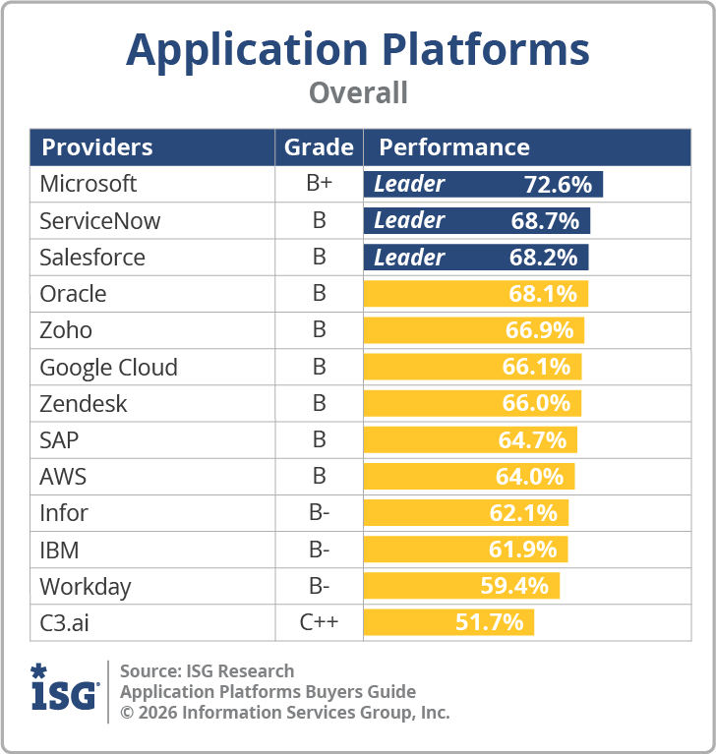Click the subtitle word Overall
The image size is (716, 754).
[358, 93]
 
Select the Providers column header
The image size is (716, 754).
[96, 147]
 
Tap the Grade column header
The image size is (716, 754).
[319, 147]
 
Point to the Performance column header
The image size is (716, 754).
[454, 147]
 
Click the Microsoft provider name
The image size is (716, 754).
[89, 184]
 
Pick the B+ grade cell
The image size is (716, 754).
[319, 184]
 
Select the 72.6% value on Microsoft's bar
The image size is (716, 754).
[558, 184]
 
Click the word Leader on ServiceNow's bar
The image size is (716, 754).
[409, 220]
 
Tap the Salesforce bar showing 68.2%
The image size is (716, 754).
[476, 258]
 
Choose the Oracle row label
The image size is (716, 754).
[73, 294]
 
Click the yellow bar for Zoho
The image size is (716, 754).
[474, 330]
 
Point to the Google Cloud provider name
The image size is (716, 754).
[108, 368]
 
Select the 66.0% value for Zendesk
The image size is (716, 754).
[536, 404]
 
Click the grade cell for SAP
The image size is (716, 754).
[319, 440]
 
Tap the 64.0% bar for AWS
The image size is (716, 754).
[469, 477]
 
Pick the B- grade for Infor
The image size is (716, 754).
[319, 513]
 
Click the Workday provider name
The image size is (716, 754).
[85, 587]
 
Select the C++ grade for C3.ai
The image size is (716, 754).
[319, 623]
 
